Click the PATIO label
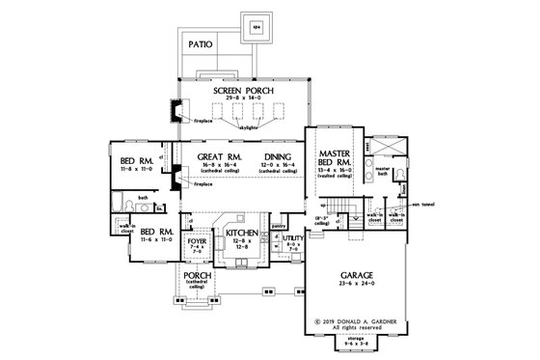[201, 44]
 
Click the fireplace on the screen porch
[175, 112]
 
